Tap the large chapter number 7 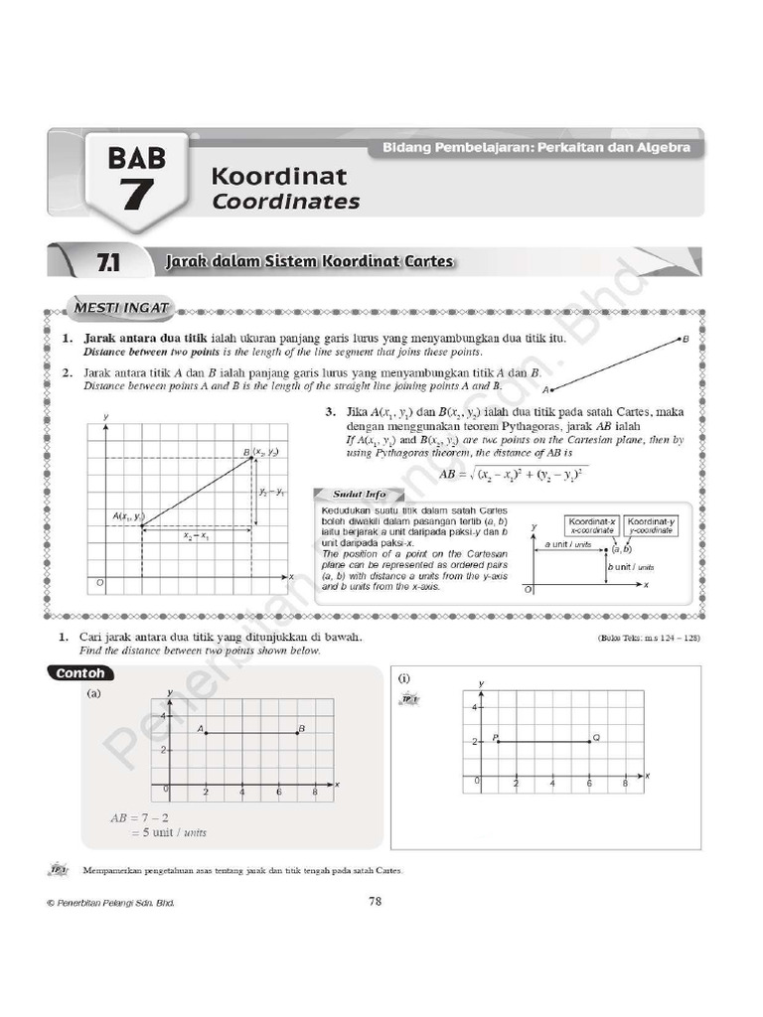(137, 195)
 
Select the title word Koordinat (278, 177)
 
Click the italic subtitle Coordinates (285, 202)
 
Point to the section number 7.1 (108, 262)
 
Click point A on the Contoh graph (206, 733)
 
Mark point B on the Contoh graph (297, 733)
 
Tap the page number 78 (375, 902)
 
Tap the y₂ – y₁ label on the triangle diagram (271, 493)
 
